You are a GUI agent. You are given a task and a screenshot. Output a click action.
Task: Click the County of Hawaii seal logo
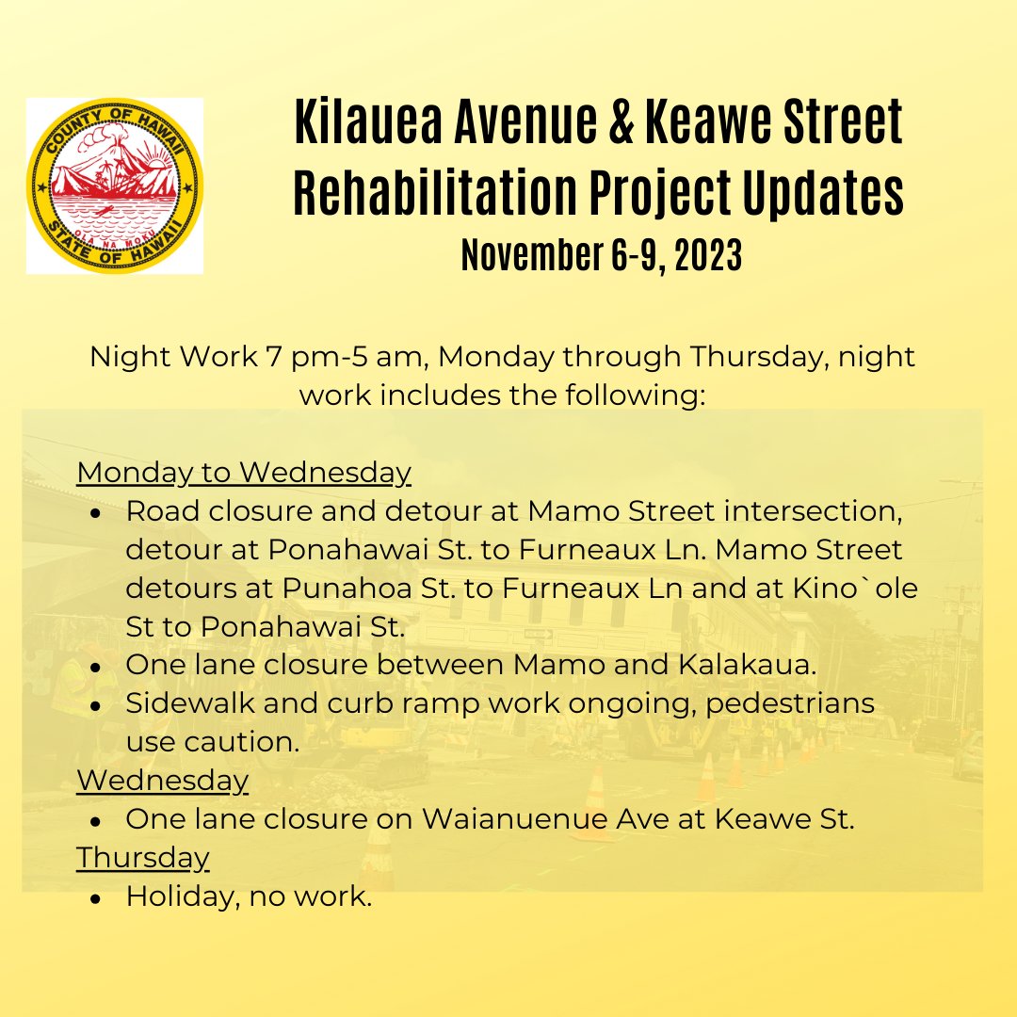click(115, 186)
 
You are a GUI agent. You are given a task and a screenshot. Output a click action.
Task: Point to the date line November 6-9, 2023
click(601, 255)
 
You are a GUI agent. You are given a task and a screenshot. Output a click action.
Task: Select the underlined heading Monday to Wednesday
click(244, 472)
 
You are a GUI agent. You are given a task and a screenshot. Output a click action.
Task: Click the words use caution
click(213, 741)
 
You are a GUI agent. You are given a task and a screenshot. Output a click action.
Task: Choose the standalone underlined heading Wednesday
click(163, 781)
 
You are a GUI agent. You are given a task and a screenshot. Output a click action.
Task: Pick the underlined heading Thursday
click(143, 858)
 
